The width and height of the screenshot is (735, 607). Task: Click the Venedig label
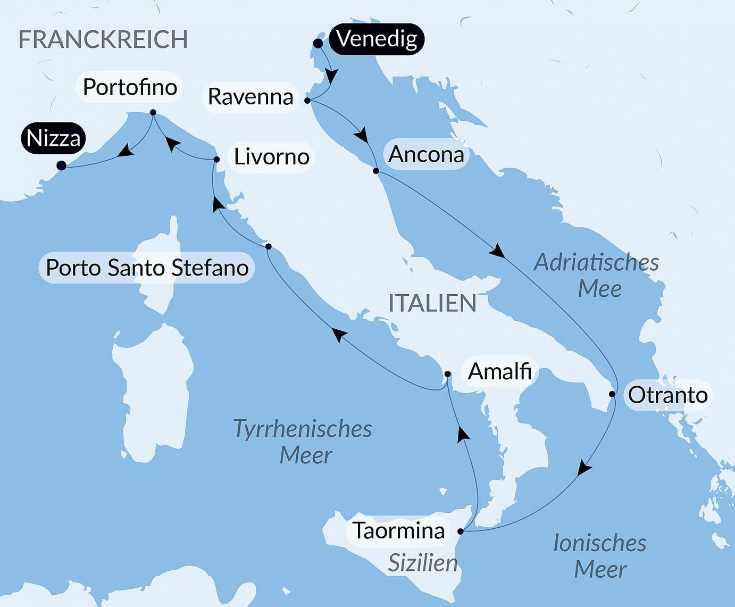(x=377, y=39)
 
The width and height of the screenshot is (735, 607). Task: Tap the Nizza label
(x=53, y=138)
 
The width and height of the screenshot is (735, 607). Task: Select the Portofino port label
(x=130, y=87)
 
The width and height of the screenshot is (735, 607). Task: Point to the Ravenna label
(x=250, y=97)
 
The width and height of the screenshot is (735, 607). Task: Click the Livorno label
(x=271, y=157)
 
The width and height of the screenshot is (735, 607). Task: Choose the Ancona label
(x=426, y=155)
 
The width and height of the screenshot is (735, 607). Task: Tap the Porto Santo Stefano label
(x=147, y=268)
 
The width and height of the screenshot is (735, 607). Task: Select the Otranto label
(x=667, y=395)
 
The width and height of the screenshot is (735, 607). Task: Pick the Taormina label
(x=398, y=531)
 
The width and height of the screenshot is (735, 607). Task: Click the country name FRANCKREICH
(x=103, y=40)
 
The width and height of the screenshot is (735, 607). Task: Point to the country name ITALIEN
(x=432, y=303)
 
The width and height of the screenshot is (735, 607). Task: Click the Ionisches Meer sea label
(x=600, y=556)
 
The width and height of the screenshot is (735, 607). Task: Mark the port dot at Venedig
(x=318, y=44)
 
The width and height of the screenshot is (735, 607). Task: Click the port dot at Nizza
(x=61, y=166)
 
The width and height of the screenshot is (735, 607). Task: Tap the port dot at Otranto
(x=612, y=394)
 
